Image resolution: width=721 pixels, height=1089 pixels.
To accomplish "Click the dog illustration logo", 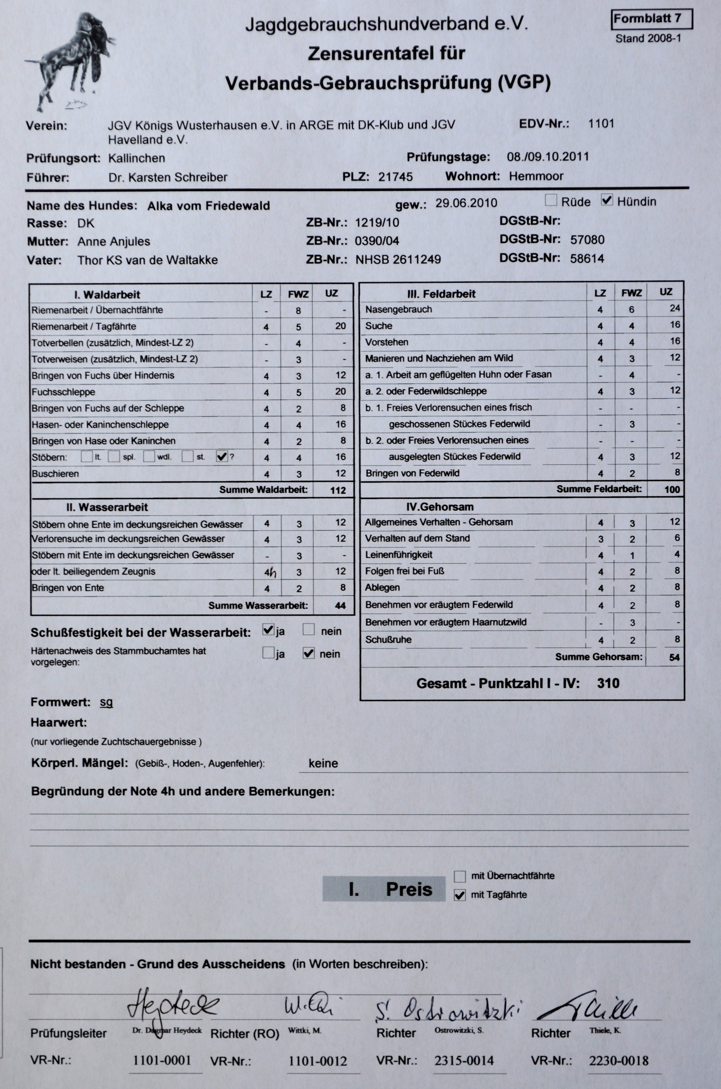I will pyautogui.click(x=69, y=60).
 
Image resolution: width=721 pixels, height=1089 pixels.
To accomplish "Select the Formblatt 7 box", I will pyautogui.click(x=652, y=19).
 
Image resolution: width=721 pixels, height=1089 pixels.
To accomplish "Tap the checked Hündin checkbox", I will pyautogui.click(x=607, y=200).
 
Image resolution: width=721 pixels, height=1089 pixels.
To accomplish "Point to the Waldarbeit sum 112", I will pyautogui.click(x=338, y=490).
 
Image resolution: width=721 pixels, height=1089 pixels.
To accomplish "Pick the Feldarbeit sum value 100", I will pyautogui.click(x=672, y=489).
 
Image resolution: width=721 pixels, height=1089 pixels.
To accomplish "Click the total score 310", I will pyautogui.click(x=608, y=683).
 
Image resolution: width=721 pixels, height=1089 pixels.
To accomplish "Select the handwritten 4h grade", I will pyautogui.click(x=270, y=572).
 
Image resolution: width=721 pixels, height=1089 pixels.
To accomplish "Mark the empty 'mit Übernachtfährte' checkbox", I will pyautogui.click(x=459, y=876).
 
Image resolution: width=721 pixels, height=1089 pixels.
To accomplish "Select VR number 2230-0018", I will pyautogui.click(x=618, y=1061).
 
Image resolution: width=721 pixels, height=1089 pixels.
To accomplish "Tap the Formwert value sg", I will pyautogui.click(x=106, y=702).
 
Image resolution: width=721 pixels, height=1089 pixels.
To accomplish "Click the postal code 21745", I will pyautogui.click(x=396, y=177).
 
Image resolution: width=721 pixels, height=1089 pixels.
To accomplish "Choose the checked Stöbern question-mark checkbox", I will pyautogui.click(x=222, y=456).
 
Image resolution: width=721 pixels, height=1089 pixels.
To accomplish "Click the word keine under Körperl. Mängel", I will pyautogui.click(x=323, y=764).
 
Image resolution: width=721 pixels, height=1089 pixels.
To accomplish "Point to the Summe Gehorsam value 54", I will pyautogui.click(x=674, y=657).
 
